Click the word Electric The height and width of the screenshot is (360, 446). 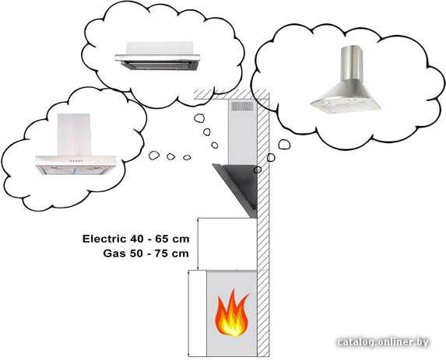pos(104,239)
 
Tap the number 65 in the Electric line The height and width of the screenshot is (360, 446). pos(162,239)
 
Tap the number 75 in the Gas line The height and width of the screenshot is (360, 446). pos(162,253)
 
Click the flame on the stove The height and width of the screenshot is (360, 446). pos(231,313)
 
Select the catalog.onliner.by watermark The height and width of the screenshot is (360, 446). pos(383,342)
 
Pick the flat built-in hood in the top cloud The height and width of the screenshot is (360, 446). pos(157,56)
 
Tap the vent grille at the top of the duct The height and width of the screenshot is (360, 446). pos(242,107)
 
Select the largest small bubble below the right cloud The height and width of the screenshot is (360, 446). pos(284,144)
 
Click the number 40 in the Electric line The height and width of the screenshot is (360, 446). pos(138,239)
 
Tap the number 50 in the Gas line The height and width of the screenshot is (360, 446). pos(137,253)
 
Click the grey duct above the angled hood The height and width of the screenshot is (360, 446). pos(243,132)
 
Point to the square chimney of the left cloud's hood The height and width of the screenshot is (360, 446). pos(74,135)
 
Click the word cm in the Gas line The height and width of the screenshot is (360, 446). pos(181,253)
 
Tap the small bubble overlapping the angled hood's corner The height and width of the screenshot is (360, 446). pos(258,170)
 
